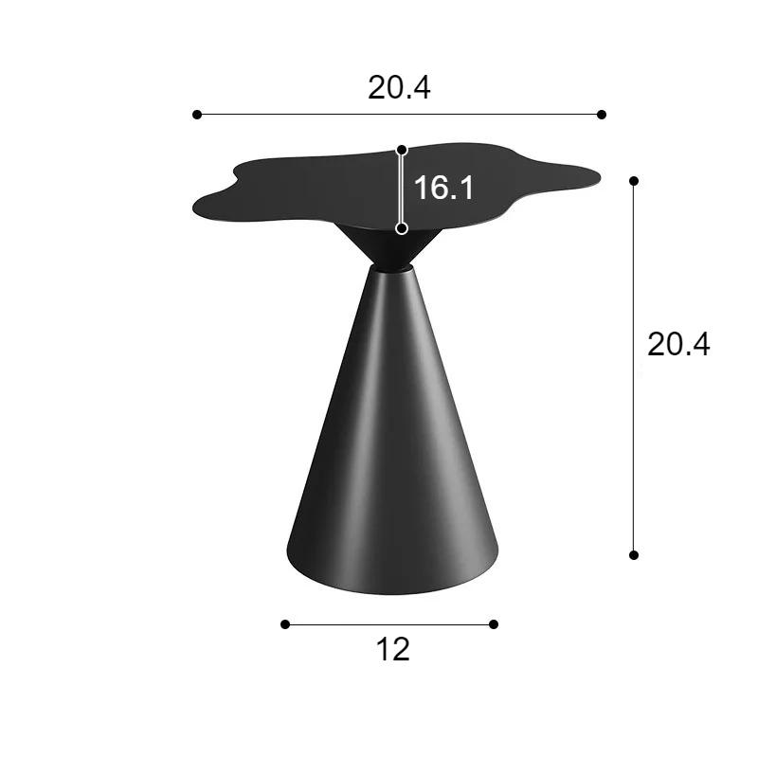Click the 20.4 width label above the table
tap(399, 87)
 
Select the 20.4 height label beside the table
tap(678, 344)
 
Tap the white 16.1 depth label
tap(443, 188)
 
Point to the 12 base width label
tap(392, 650)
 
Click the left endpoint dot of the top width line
tap(197, 115)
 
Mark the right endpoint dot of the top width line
tap(602, 115)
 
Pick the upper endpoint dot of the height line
tap(634, 180)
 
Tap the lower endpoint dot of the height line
tap(634, 554)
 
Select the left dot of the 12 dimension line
tap(285, 623)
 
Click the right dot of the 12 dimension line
tap(494, 623)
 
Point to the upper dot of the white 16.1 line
tap(402, 150)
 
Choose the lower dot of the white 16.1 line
tap(402, 228)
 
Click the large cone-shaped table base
tap(390, 455)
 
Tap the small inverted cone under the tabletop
tap(390, 248)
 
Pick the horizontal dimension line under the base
tap(389, 623)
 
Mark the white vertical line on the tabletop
tap(402, 189)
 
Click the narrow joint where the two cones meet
tap(390, 269)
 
